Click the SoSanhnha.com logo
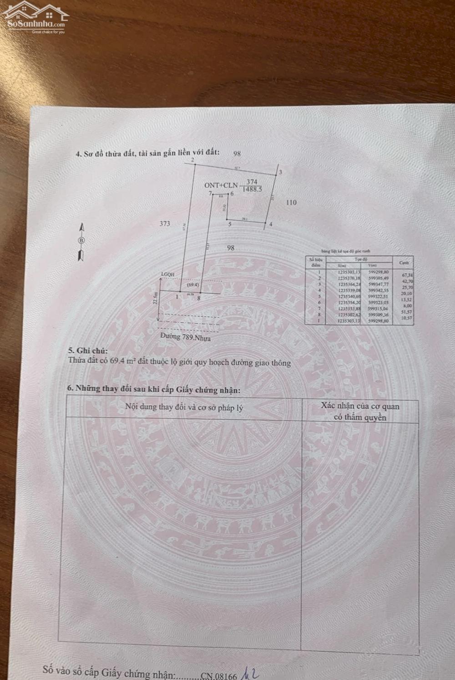35,17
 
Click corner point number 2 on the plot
193,160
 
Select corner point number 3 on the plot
280,172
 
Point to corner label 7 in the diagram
210,193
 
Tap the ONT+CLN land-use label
221,185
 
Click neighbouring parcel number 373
165,223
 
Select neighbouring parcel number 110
291,202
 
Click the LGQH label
167,274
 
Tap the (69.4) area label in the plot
192,285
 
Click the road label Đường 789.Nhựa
185,338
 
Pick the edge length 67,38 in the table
406,275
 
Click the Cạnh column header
404,263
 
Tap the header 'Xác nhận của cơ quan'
360,406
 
